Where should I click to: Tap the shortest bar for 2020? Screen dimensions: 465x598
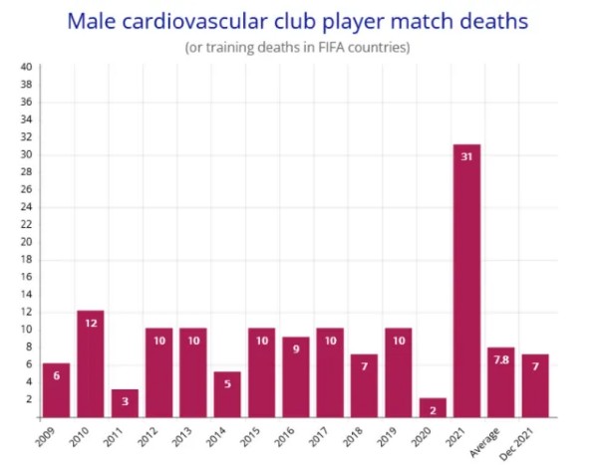[x=433, y=407]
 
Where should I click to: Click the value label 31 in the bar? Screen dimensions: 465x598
[x=466, y=155]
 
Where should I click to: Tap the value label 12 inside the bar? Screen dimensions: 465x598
[x=91, y=322]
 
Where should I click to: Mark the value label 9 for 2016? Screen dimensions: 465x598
[x=296, y=349]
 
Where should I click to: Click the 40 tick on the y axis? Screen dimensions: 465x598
[x=27, y=68]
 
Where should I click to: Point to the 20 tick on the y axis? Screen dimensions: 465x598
[x=27, y=242]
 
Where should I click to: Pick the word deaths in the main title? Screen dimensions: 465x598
[x=483, y=20]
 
